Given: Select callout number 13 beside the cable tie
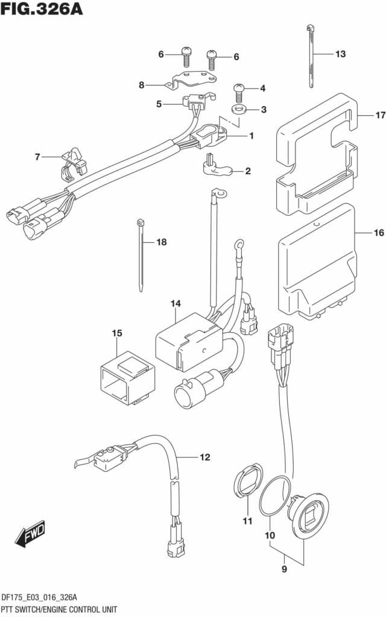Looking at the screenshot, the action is [x=340, y=54].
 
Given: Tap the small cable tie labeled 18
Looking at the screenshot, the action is [x=141, y=255].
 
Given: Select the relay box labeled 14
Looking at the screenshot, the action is [x=189, y=341].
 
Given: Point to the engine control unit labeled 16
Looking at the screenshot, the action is [x=317, y=261].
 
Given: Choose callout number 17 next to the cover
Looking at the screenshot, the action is [x=380, y=116].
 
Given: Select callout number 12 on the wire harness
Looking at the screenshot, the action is [x=205, y=457].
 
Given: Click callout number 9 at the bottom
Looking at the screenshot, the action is [x=285, y=569].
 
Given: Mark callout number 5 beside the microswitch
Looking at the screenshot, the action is [x=159, y=104].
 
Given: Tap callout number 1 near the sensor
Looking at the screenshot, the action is [x=252, y=136].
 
